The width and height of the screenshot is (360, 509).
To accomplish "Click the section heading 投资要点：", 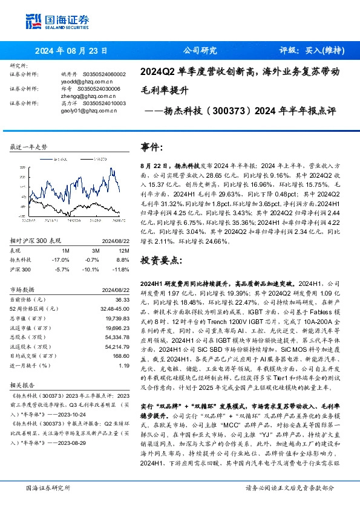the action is coord(160,260).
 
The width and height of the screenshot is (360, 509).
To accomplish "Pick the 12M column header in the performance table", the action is coord(124,250).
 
